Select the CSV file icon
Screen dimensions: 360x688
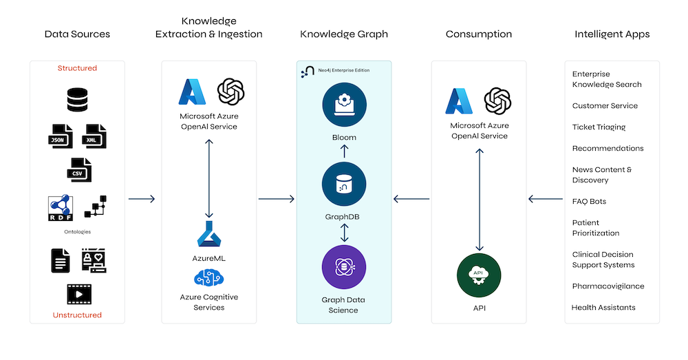click(x=78, y=169)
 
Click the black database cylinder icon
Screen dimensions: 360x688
click(x=77, y=100)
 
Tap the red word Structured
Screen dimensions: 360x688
click(x=77, y=68)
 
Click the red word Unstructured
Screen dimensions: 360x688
click(x=77, y=315)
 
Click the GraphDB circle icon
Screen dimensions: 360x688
click(x=343, y=184)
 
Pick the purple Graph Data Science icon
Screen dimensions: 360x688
click(x=343, y=268)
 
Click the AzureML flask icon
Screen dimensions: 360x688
click(x=208, y=235)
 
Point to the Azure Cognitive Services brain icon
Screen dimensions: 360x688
click(x=208, y=279)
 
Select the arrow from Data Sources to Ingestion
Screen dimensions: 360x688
click(x=142, y=200)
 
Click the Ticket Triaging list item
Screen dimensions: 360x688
click(x=599, y=127)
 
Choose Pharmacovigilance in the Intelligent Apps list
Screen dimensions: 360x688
click(x=608, y=286)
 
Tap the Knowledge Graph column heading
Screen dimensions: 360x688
click(x=343, y=34)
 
